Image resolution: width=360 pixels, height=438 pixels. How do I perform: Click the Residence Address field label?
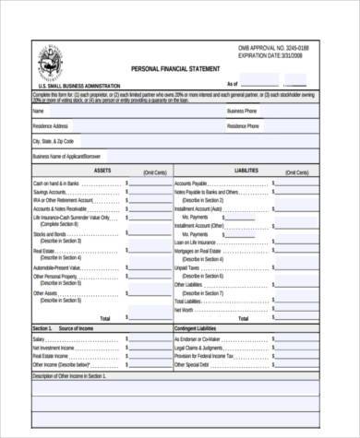coord(51,126)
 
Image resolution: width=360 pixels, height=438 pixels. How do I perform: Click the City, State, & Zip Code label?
coord(54,141)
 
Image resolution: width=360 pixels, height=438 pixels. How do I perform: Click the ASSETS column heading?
coord(102,171)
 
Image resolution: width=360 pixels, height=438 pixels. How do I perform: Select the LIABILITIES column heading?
coord(246,171)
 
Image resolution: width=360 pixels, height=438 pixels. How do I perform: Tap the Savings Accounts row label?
coord(51,191)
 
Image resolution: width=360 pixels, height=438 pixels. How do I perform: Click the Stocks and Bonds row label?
coord(50,233)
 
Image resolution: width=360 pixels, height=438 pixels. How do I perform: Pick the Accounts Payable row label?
coord(191,183)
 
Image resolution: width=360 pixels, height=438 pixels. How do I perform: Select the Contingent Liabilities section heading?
coord(200,328)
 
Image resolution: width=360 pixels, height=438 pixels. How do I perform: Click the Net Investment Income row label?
coord(55,347)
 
